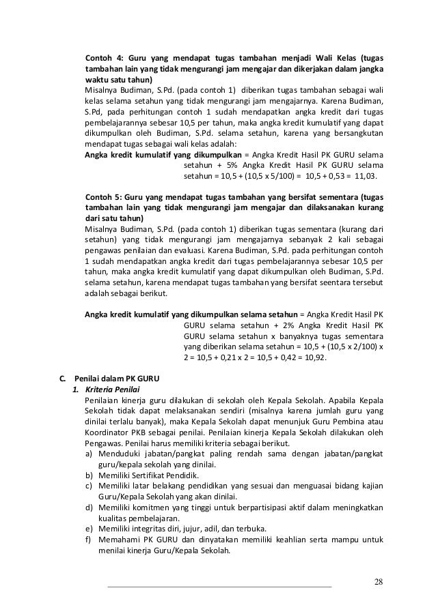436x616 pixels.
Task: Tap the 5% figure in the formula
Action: coord(242,164)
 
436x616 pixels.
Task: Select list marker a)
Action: coord(90,452)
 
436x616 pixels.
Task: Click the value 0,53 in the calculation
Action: coord(327,175)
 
